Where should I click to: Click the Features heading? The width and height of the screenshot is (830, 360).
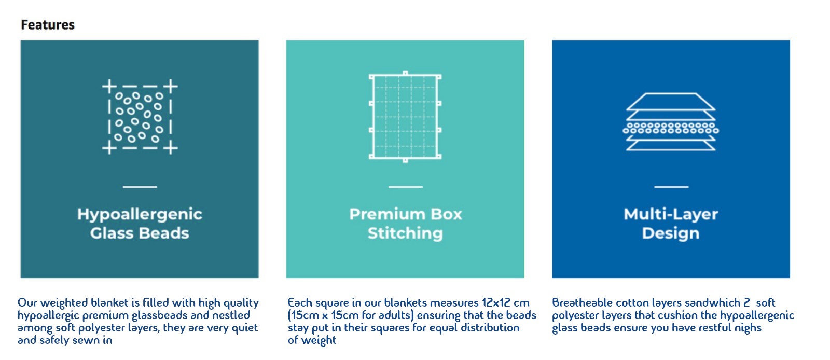48,25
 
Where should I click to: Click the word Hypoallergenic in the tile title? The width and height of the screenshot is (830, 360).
140,214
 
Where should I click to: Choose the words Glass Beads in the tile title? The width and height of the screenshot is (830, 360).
140,233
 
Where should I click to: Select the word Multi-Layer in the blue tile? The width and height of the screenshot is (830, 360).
671,214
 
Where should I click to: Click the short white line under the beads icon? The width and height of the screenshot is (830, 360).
140,187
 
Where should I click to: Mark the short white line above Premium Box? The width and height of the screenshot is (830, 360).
406,187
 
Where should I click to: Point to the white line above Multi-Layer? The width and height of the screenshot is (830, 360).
671,187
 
